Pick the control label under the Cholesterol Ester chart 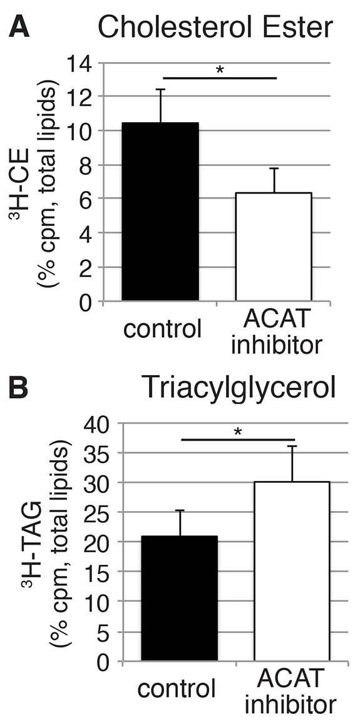point(162,329)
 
